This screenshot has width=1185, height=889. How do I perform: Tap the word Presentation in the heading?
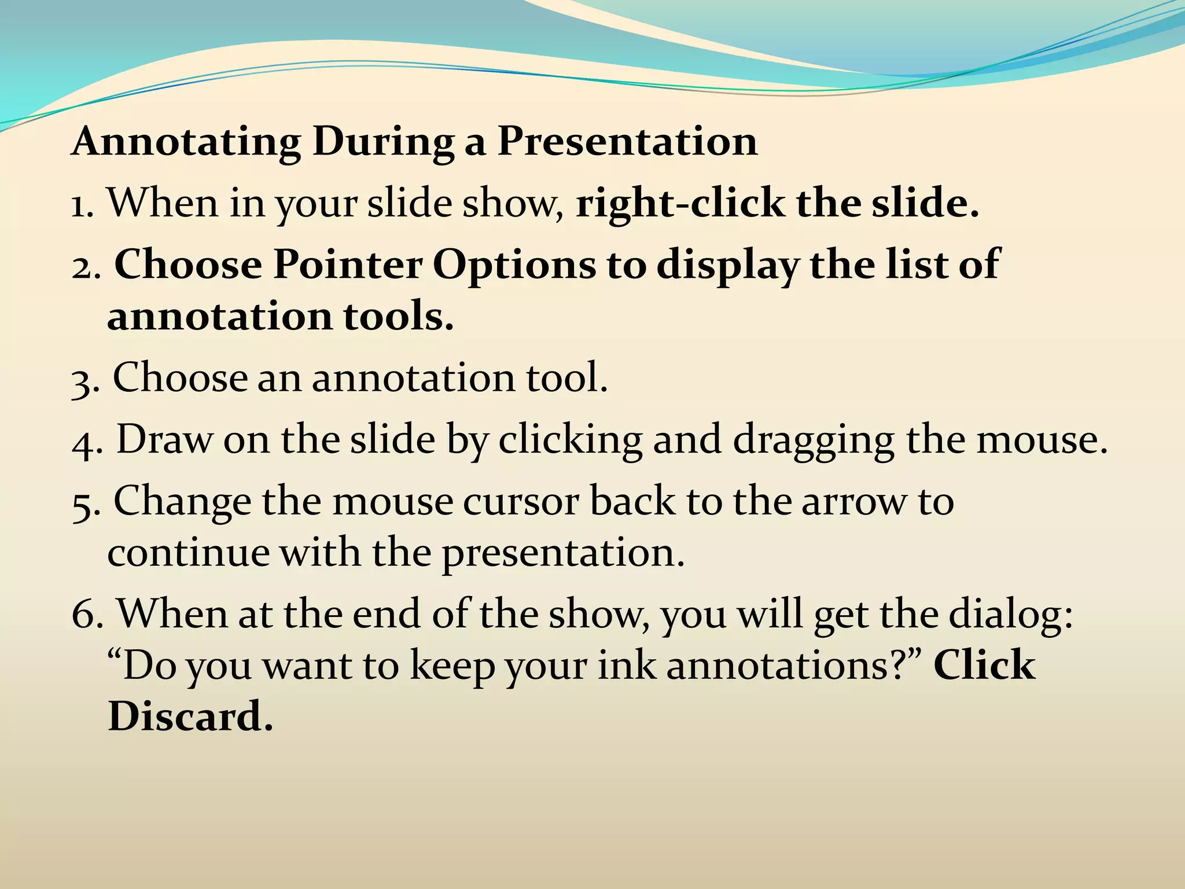tap(627, 142)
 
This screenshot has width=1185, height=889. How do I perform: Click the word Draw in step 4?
tap(164, 439)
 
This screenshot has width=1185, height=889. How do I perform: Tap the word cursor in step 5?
tap(521, 501)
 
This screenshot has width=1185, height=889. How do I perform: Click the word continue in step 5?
tap(188, 553)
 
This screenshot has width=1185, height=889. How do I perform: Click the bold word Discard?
tap(190, 717)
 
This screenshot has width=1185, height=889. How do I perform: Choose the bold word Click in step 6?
tap(984, 665)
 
